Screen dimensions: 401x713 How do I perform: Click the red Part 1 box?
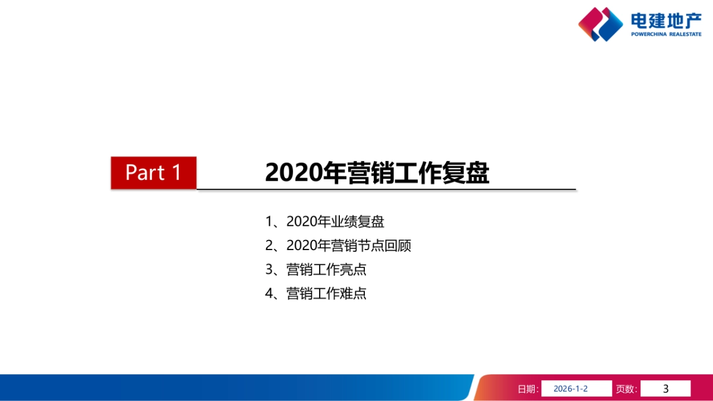tap(153, 173)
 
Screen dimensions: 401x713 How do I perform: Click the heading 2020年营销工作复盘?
tap(377, 173)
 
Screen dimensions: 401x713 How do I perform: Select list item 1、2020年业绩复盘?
tap(324, 222)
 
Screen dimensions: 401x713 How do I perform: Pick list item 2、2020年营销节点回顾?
tap(337, 246)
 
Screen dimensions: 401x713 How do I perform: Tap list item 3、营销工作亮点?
tap(316, 270)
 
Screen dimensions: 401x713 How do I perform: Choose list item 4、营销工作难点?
tap(316, 293)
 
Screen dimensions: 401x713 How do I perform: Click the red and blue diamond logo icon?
tap(600, 24)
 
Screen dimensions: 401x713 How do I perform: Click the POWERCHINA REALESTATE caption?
tap(666, 34)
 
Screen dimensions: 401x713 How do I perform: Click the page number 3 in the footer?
tap(665, 389)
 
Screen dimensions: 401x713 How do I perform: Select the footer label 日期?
tap(528, 389)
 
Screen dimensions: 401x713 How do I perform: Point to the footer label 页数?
tap(626, 389)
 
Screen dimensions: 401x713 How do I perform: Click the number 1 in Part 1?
tap(176, 173)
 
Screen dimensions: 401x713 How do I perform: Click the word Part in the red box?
tap(145, 173)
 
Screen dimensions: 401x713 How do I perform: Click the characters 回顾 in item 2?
tap(397, 246)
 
